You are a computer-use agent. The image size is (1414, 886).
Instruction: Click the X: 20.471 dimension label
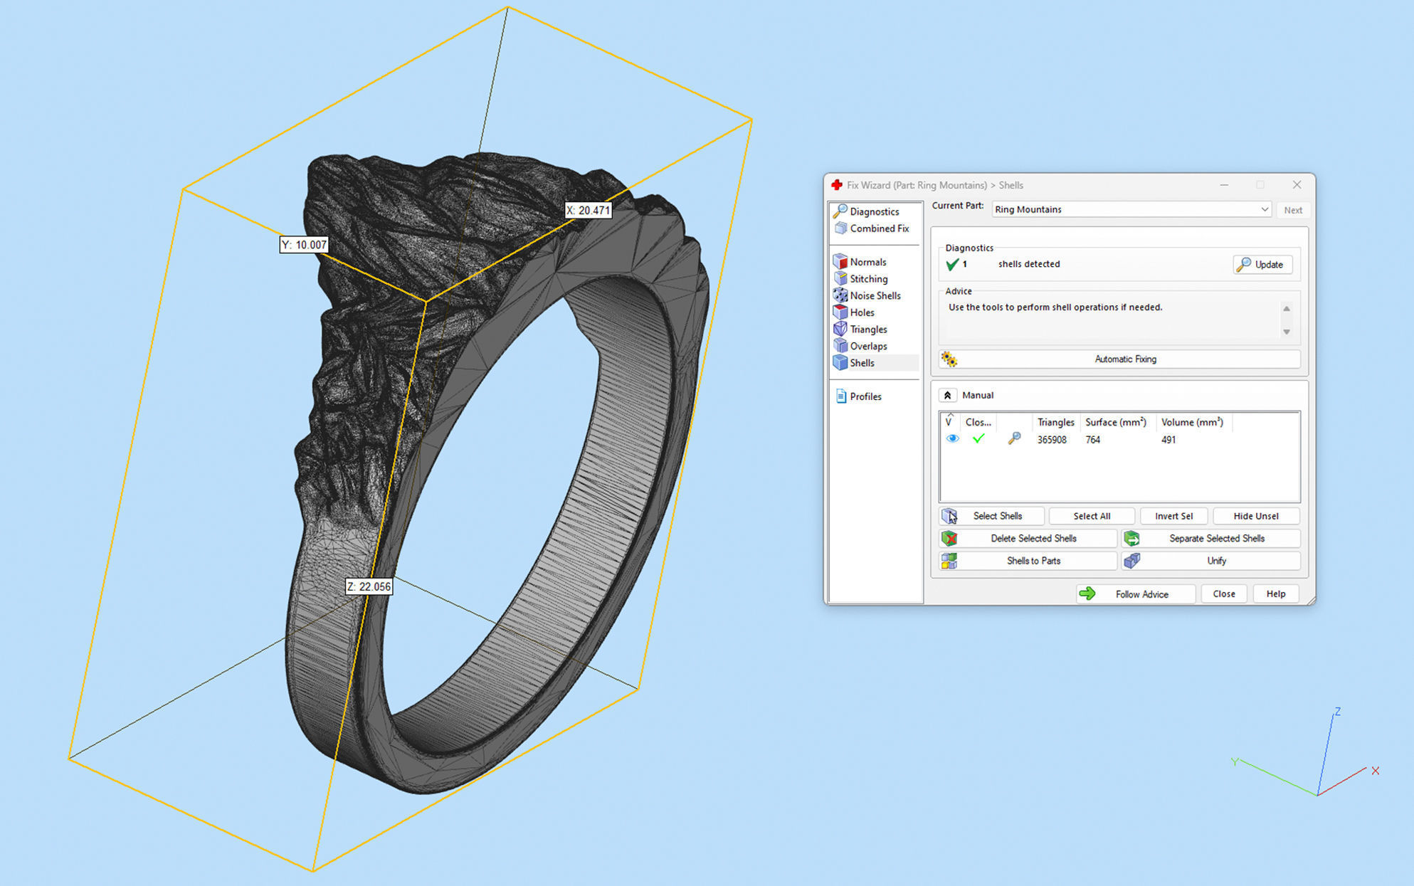(588, 211)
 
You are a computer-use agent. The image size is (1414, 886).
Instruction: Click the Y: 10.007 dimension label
(304, 245)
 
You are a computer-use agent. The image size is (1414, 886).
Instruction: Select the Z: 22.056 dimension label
(369, 586)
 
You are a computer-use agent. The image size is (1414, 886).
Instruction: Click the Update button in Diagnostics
(1262, 265)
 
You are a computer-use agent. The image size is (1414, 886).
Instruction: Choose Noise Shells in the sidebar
(875, 296)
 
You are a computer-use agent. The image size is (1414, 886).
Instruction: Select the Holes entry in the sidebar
(861, 312)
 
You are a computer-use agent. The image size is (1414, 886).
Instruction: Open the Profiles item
(865, 396)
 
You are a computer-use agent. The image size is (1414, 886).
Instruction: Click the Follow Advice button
(1135, 594)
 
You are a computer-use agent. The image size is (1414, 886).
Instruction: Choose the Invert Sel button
(1173, 516)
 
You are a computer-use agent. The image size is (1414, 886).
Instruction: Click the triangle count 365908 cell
(1051, 440)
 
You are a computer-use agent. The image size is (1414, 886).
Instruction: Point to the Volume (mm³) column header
(1192, 422)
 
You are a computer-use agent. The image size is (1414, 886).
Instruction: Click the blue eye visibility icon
(952, 439)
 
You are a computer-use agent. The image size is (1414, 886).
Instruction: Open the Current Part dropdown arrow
(1265, 209)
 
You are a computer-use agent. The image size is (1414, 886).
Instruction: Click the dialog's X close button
(1297, 185)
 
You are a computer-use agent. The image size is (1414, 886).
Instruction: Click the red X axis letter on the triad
(1375, 771)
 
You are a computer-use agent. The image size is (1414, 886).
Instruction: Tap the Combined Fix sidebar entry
(879, 228)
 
